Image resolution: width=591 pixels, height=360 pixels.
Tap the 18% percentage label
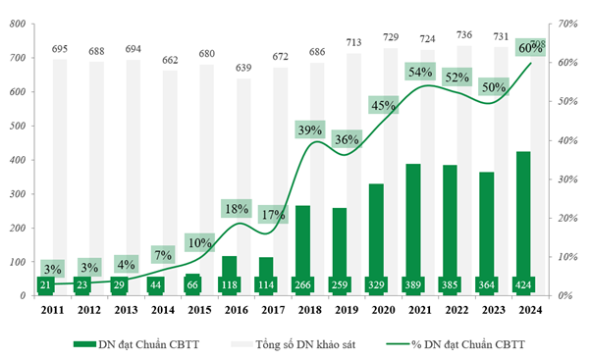(x=237, y=208)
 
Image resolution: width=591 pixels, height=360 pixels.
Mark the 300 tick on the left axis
(x=16, y=193)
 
